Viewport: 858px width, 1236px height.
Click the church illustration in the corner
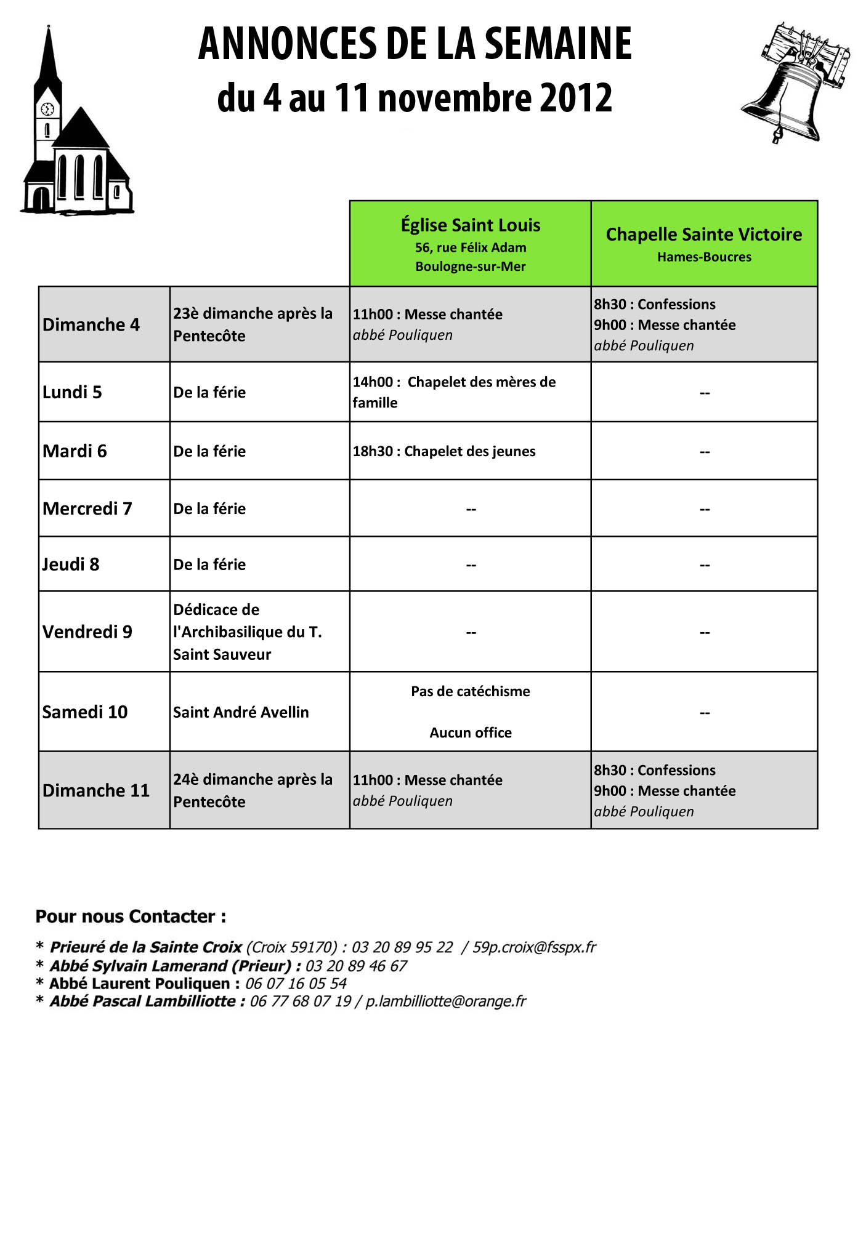click(x=77, y=142)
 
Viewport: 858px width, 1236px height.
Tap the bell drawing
click(x=795, y=83)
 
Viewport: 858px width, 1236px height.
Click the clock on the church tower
click(x=47, y=110)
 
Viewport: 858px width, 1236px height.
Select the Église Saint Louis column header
click(x=470, y=243)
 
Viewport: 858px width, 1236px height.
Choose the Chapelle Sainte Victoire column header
click(x=703, y=243)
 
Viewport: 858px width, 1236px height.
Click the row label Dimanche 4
click(x=91, y=324)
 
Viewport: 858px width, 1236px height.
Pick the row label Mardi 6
click(x=75, y=451)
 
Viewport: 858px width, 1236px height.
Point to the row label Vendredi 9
click(x=87, y=632)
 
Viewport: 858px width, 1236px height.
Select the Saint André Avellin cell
click(x=241, y=712)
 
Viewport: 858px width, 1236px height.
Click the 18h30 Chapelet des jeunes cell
click(x=444, y=451)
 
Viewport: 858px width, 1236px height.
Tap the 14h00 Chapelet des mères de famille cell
click(x=454, y=392)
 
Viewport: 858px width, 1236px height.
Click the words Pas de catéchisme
click(x=470, y=691)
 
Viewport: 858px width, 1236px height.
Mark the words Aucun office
click(x=470, y=732)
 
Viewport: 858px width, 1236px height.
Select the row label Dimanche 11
click(x=96, y=790)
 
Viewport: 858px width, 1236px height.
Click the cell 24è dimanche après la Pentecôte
click(x=253, y=790)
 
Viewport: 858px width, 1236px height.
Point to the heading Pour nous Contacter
click(x=131, y=917)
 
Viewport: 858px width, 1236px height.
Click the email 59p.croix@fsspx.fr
click(x=534, y=947)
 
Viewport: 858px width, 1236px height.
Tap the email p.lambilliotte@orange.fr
click(x=445, y=1001)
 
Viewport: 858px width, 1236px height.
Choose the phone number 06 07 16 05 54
click(x=296, y=984)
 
